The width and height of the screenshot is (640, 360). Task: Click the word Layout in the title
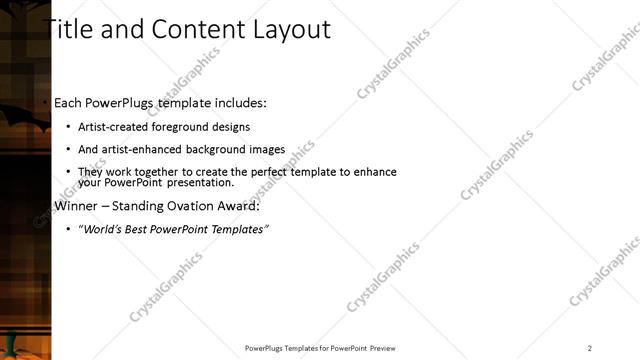(292, 30)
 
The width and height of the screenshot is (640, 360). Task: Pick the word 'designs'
(231, 127)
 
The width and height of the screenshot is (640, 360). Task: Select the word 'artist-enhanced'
(135, 150)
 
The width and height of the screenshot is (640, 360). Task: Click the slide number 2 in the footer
(590, 348)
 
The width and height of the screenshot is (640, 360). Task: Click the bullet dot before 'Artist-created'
(67, 127)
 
